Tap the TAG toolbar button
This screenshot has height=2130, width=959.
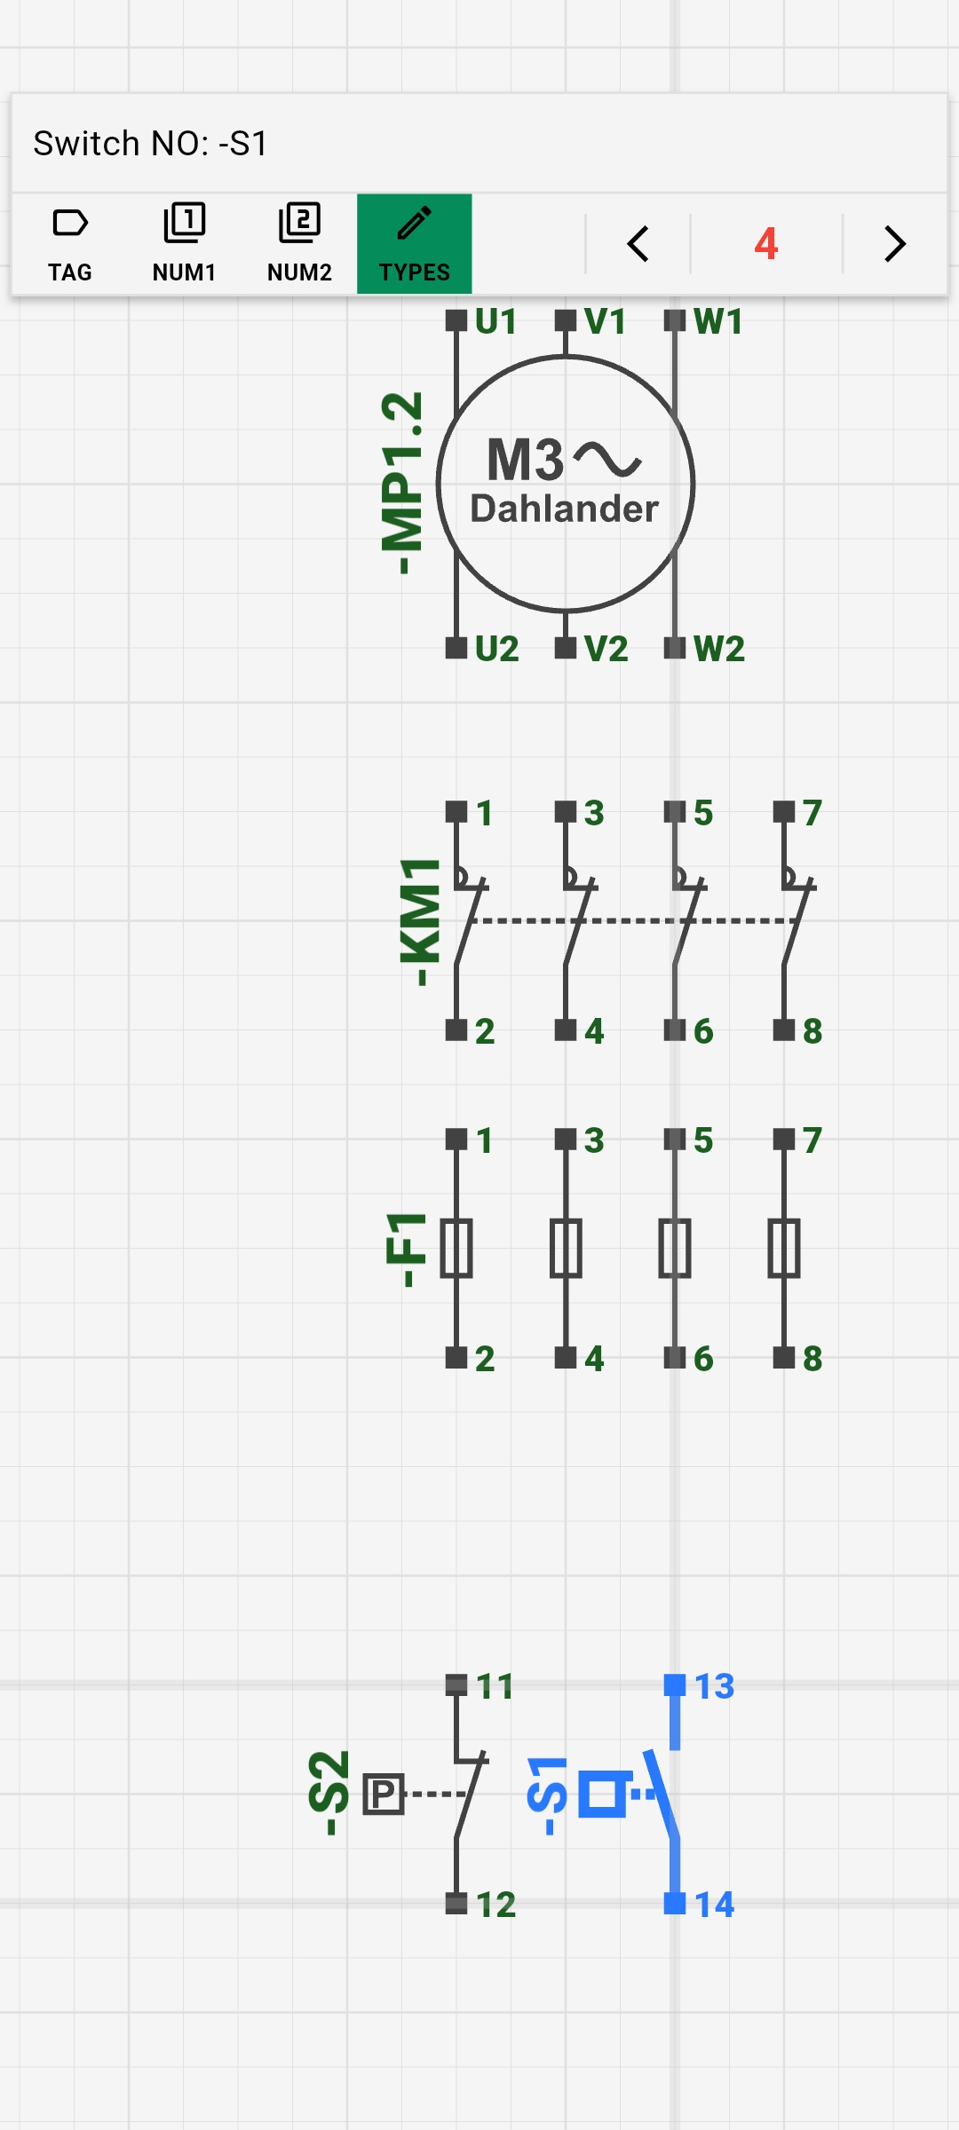[69, 244]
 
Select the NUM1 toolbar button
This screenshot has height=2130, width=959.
[184, 244]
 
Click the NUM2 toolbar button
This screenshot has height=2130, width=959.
[299, 244]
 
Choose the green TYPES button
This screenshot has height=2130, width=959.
[414, 244]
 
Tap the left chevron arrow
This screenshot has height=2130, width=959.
[638, 244]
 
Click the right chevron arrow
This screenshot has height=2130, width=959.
[895, 244]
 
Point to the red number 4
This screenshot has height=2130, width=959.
[766, 244]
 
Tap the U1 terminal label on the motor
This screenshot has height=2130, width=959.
[495, 321]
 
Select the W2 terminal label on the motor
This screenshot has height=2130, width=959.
[718, 649]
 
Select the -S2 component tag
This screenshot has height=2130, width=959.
[329, 1793]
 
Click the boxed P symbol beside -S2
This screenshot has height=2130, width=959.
[384, 1795]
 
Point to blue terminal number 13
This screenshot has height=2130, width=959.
[714, 1686]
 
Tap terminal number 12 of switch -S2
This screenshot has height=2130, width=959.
[495, 1905]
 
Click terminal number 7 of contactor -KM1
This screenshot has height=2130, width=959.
[812, 813]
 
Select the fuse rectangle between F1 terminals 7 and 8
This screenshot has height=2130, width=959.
[784, 1249]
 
